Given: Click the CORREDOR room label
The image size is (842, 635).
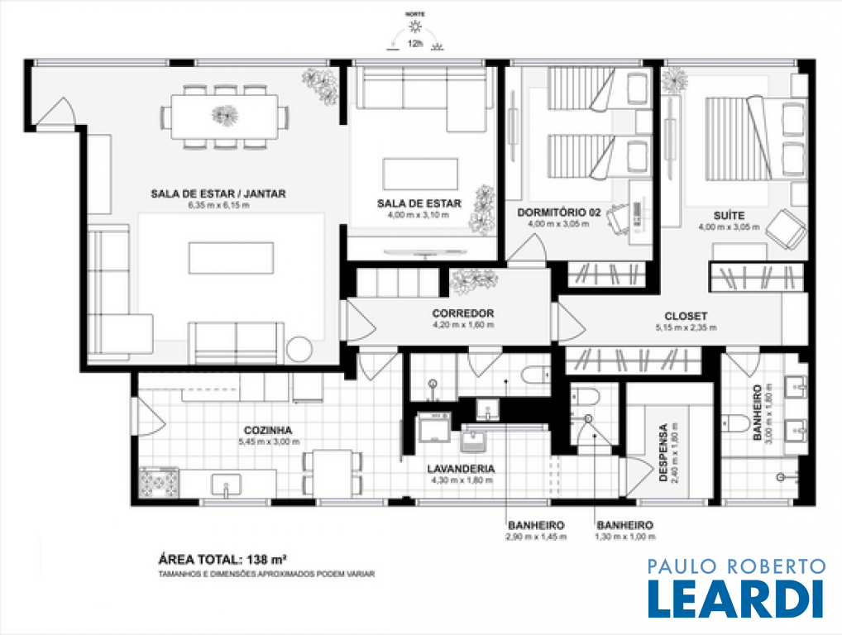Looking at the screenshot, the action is [463, 313].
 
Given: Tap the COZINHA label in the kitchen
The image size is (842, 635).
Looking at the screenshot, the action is [268, 431].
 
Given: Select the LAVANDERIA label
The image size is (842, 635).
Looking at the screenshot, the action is [461, 469].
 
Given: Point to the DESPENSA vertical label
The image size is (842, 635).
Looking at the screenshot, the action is [663, 452].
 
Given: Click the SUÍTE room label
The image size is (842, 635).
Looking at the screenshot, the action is [729, 215].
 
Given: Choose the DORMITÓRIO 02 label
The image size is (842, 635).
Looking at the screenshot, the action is [559, 212].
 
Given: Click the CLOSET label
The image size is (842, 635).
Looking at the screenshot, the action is [686, 316].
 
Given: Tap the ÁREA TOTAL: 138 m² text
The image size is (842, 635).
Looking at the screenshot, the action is [222, 560].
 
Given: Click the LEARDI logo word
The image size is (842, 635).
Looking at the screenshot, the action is [735, 598].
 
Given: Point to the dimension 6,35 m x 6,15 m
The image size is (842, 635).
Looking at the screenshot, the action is [218, 205].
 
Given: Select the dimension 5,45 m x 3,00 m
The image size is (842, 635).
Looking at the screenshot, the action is [269, 442].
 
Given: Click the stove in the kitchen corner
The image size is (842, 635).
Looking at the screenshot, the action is [159, 482].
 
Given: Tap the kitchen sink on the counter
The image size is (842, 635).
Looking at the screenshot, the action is [226, 485].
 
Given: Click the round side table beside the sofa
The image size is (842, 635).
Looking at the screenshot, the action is [299, 350].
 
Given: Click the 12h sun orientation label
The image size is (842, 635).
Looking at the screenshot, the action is [415, 44].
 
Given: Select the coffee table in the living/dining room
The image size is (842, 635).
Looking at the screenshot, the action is [231, 258].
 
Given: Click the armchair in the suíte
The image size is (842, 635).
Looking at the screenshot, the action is [786, 229].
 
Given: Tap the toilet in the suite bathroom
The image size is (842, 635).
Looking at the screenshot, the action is [735, 423].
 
